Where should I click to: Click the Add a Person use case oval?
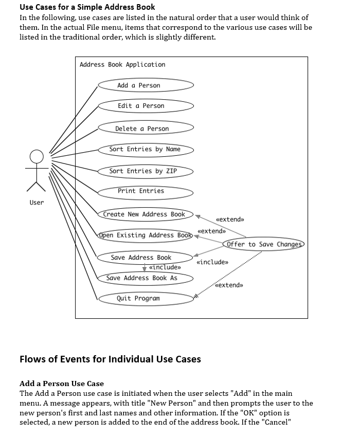pos(146,85)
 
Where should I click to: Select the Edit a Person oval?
pos(146,106)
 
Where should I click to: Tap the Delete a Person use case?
pos(146,129)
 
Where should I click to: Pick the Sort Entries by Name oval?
pos(146,149)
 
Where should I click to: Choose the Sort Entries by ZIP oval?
pos(146,171)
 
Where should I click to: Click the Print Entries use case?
pos(146,191)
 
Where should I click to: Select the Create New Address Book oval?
pos(146,214)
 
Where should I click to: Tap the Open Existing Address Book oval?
pos(146,235)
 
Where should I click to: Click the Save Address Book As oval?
pos(146,278)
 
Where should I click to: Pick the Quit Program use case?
pos(146,298)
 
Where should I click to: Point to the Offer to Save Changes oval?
pos(264,244)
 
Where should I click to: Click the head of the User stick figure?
pos(37,156)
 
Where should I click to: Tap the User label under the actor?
pos(37,203)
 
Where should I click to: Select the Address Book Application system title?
pos(122,65)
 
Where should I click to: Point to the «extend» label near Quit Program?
pos(229,285)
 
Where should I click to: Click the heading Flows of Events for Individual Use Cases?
pos(110,359)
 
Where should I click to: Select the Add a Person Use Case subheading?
pos(62,384)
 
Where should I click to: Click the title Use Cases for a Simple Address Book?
pos(87,7)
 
